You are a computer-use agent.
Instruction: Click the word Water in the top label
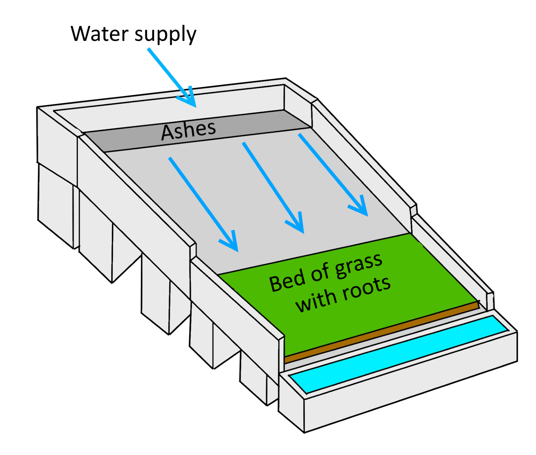pyautogui.click(x=100, y=34)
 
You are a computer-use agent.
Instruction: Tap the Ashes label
pyautogui.click(x=188, y=131)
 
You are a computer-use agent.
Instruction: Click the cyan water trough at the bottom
pyautogui.click(x=399, y=355)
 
